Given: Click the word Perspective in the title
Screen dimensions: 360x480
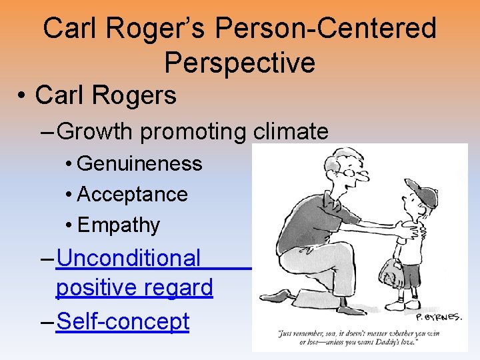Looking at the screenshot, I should pyautogui.click(x=239, y=62).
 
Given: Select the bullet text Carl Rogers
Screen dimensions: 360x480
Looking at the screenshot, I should pyautogui.click(x=105, y=95).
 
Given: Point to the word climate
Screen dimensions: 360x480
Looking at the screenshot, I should pyautogui.click(x=291, y=131).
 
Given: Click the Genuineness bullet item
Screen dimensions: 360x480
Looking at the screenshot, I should pyautogui.click(x=139, y=163).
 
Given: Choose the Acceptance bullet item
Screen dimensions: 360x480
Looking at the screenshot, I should pyautogui.click(x=132, y=194).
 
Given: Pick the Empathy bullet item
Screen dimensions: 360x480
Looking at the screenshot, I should pyautogui.click(x=119, y=225).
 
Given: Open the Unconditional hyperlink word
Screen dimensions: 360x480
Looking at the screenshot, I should pyautogui.click(x=129, y=257).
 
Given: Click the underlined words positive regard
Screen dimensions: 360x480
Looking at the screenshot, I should pyautogui.click(x=134, y=288).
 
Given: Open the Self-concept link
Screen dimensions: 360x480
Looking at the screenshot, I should pyautogui.click(x=123, y=321).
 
